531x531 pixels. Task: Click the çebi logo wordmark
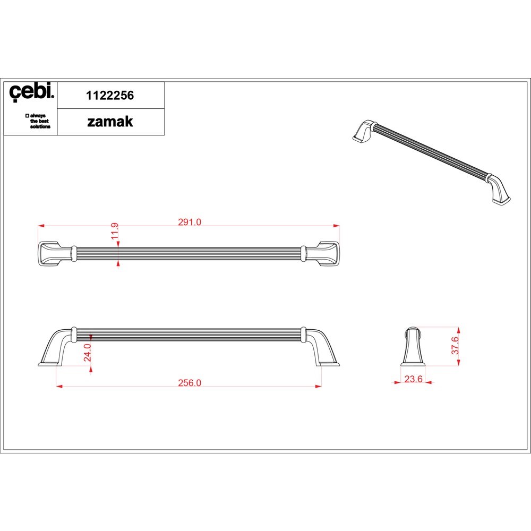[31, 92]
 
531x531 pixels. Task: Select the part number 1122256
[110, 96]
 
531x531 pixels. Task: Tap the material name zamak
[110, 122]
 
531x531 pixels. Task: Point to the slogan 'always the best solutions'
[38, 121]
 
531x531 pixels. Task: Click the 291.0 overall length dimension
[190, 222]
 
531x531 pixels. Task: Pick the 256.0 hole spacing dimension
[190, 383]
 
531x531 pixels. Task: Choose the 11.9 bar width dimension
[115, 230]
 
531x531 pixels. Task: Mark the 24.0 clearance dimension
[88, 352]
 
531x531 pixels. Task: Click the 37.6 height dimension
[455, 346]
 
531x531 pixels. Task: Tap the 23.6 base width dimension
[414, 379]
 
